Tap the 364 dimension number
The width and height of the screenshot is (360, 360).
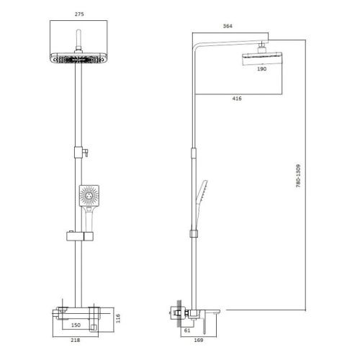tap(228, 27)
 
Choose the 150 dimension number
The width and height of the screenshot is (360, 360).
tap(86, 325)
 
